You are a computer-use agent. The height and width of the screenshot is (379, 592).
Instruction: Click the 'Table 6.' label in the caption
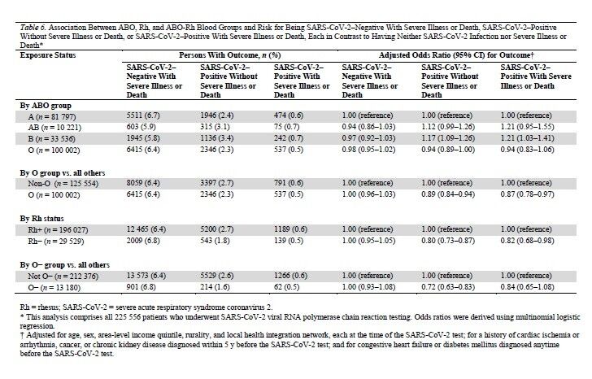point(33,27)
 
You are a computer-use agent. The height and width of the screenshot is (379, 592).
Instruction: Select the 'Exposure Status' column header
point(48,55)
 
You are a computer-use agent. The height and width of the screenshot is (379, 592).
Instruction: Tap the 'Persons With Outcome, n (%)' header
point(229,55)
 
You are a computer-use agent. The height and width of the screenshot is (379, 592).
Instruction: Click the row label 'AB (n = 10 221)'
point(54,127)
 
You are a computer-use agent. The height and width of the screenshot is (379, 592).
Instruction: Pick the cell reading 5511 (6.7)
point(143,115)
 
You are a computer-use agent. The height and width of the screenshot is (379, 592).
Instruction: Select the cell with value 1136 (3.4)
point(216,138)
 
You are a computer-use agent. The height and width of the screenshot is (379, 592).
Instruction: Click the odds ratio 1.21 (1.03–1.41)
point(528,138)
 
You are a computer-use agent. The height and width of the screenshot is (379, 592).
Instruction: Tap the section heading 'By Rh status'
point(42,219)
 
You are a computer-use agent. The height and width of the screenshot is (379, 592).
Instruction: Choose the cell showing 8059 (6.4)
point(143,183)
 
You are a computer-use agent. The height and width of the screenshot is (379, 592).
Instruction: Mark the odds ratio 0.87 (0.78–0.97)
point(528,194)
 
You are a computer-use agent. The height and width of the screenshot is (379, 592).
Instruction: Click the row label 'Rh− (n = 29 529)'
point(56,242)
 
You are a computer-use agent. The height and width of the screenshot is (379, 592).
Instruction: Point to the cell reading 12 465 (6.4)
point(146,229)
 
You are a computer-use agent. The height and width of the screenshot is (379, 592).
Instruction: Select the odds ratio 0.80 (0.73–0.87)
point(448,241)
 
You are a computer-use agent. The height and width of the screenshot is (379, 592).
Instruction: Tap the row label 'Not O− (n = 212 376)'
point(63,277)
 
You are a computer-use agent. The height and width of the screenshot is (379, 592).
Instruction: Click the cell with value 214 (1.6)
point(215,287)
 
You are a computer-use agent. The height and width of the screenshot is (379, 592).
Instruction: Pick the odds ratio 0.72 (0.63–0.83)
point(448,287)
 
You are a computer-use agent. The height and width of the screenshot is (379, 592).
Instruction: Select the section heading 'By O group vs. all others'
point(63,173)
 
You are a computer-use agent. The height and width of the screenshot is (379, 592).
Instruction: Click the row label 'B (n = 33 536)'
point(52,139)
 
